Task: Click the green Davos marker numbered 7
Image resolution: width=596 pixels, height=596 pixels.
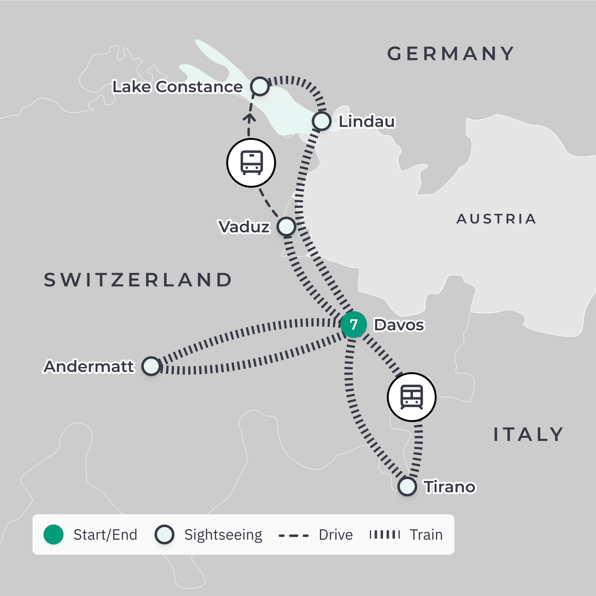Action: pyautogui.click(x=353, y=324)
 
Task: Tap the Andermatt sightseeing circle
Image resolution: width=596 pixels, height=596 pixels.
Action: pyautogui.click(x=151, y=366)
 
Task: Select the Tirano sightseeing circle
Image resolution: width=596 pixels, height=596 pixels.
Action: pyautogui.click(x=407, y=486)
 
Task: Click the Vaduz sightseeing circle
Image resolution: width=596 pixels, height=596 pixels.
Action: pyautogui.click(x=286, y=226)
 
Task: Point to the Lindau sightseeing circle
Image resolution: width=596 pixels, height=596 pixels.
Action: pyautogui.click(x=322, y=121)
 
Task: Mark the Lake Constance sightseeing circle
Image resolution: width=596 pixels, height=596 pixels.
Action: pyautogui.click(x=260, y=86)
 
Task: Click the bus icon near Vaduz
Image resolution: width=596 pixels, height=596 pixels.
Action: pyautogui.click(x=251, y=163)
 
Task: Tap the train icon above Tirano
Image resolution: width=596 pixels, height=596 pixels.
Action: pyautogui.click(x=412, y=397)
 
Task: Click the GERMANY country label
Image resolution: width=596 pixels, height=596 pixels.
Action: pyautogui.click(x=451, y=54)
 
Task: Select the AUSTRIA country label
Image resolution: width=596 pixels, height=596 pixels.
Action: pyautogui.click(x=496, y=219)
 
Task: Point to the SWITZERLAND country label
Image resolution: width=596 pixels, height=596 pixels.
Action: pyautogui.click(x=138, y=280)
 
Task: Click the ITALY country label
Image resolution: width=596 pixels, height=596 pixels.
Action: pyautogui.click(x=528, y=434)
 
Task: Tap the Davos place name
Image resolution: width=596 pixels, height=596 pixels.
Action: pyautogui.click(x=399, y=325)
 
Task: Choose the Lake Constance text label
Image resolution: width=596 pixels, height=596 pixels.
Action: pyautogui.click(x=177, y=87)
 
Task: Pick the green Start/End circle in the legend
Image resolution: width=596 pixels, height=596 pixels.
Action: pyautogui.click(x=54, y=535)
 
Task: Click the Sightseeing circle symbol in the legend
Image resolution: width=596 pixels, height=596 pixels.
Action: pyautogui.click(x=164, y=535)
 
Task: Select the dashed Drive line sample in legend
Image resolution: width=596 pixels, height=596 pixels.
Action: pyautogui.click(x=294, y=535)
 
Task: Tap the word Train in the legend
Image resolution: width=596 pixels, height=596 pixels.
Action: pyautogui.click(x=426, y=535)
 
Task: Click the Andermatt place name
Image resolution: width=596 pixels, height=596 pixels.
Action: pyautogui.click(x=89, y=366)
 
